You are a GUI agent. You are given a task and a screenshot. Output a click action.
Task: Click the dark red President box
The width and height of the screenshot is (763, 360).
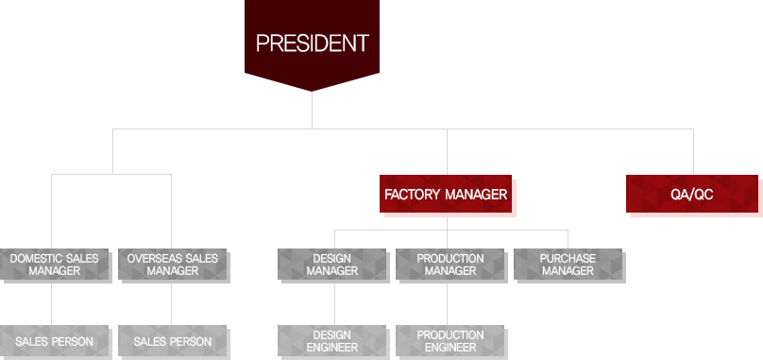pos(312,43)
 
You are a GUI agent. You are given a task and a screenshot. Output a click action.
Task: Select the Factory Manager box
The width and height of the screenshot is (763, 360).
pos(446,195)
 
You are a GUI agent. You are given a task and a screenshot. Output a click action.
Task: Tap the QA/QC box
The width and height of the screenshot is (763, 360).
pos(691,195)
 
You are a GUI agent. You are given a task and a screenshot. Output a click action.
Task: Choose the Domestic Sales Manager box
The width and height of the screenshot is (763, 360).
pos(55,265)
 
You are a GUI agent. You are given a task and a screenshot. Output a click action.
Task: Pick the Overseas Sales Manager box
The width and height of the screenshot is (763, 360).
pos(172,265)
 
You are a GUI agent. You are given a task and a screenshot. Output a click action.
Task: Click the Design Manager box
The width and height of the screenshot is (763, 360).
pos(332,265)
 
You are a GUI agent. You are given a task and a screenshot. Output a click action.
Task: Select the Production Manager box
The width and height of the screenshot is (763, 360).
pos(449,265)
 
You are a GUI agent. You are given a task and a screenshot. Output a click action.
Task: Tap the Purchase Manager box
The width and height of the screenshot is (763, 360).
pos(568,265)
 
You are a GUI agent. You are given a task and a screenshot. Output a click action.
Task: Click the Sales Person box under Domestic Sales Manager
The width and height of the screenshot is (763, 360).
pos(55,341)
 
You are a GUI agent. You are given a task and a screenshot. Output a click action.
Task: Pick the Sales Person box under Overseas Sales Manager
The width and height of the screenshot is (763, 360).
pos(172,341)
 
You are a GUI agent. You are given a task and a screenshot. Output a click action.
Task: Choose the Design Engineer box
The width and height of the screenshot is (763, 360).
pos(332,341)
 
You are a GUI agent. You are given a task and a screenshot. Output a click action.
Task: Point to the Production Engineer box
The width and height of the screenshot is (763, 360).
pos(449,341)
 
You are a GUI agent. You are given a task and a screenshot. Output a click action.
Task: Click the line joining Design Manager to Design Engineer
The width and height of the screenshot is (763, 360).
pos(335,303)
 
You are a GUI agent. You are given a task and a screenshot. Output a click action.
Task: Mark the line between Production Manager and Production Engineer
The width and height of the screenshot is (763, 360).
pos(448,303)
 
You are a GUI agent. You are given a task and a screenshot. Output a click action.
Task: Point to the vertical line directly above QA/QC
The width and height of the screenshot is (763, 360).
pos(693,151)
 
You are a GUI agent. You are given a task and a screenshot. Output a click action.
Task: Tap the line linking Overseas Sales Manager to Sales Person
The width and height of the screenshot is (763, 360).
pos(171,303)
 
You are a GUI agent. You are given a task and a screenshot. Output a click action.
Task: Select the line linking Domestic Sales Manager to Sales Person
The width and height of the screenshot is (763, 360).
pos(52,303)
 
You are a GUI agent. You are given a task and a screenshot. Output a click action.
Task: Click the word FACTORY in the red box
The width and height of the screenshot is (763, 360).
pos(411,195)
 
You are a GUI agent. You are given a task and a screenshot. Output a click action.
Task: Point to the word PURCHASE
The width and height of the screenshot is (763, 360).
pos(568,258)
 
